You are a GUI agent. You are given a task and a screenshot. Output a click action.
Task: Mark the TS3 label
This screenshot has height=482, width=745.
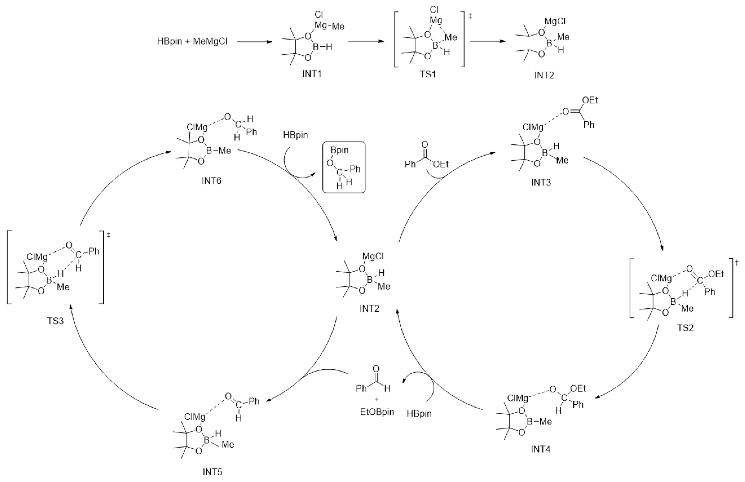(55, 321)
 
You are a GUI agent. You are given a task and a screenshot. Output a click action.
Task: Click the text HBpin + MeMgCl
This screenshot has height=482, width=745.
(192, 41)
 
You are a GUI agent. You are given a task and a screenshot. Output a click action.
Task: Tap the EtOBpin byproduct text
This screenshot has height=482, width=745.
(377, 412)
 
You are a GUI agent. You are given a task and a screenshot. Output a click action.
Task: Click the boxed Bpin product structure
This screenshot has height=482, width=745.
(344, 167)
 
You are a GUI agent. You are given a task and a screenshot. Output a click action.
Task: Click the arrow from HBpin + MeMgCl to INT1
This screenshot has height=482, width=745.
(254, 41)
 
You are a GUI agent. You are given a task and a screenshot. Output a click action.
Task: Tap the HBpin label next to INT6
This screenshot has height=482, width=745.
(295, 135)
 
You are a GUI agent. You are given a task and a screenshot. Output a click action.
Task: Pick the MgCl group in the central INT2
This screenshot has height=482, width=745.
(373, 256)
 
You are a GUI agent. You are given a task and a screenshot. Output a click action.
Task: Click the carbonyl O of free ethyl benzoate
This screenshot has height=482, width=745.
(424, 144)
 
